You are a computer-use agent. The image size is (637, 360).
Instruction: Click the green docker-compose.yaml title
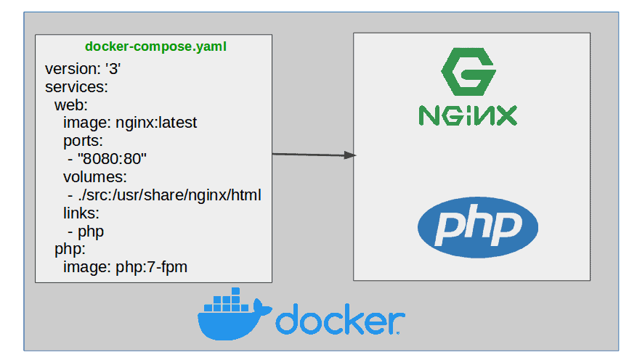pyautogui.click(x=155, y=47)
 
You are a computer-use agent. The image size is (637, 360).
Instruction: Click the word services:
pyautogui.click(x=76, y=87)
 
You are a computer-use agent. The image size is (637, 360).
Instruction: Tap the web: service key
pyautogui.click(x=70, y=105)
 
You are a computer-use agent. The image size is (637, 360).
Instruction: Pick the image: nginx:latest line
pyautogui.click(x=130, y=123)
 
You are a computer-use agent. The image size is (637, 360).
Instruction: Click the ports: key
pyautogui.click(x=83, y=140)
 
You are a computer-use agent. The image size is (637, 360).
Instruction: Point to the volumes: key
pyautogui.click(x=94, y=176)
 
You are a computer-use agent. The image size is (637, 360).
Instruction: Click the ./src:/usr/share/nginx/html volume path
pyautogui.click(x=168, y=195)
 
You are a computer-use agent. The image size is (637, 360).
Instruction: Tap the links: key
pyautogui.click(x=81, y=213)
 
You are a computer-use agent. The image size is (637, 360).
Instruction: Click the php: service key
pyautogui.click(x=70, y=249)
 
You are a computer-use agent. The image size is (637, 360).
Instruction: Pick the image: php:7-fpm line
pyautogui.click(x=125, y=267)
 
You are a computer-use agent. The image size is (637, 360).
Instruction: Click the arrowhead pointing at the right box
pyautogui.click(x=350, y=155)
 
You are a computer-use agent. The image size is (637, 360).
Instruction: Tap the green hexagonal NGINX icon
pyautogui.click(x=468, y=73)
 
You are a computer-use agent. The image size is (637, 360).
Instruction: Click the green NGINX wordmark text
pyautogui.click(x=468, y=115)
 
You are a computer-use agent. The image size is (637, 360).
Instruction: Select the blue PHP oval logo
pyautogui.click(x=477, y=228)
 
